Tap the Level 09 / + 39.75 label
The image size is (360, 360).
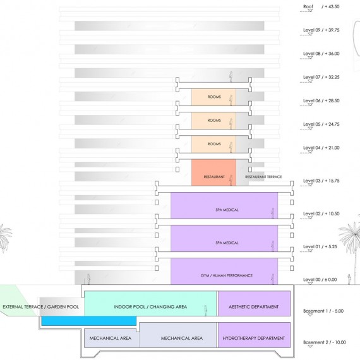[x=321, y=30]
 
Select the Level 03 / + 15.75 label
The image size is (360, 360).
[x=321, y=181]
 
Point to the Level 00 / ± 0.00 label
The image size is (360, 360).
[x=320, y=280]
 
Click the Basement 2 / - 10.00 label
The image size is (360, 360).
[x=325, y=342]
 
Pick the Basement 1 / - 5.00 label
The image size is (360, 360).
[x=323, y=311]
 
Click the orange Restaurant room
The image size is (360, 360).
[x=213, y=172]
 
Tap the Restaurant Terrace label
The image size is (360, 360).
[x=263, y=177]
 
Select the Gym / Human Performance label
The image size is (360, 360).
[x=227, y=275]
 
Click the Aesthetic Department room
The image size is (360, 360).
[x=254, y=304]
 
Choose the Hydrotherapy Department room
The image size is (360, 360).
[x=254, y=335]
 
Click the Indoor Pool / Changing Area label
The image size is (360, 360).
[x=150, y=307]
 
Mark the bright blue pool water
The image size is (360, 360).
[x=89, y=321]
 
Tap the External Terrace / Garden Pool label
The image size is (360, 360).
[x=40, y=307]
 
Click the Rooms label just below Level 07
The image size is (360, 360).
[x=214, y=97]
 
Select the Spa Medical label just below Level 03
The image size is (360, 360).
[x=227, y=210]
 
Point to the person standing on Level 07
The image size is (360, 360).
[x=231, y=76]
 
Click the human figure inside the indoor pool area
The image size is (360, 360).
[x=206, y=310]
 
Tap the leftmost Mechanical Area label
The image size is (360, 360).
[x=111, y=338]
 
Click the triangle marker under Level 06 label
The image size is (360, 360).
[x=310, y=105]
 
